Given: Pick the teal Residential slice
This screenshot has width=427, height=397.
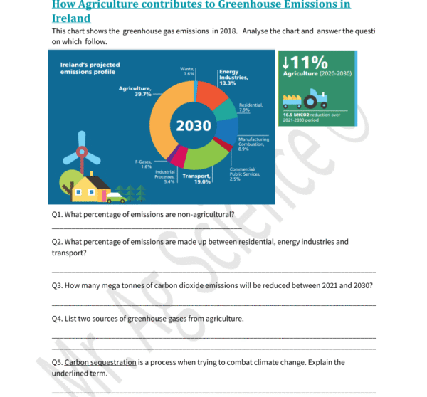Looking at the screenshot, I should click(x=226, y=110).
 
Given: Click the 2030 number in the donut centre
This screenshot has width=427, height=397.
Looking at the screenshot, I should click(x=194, y=126).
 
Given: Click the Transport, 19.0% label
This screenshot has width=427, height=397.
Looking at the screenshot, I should click(x=196, y=179).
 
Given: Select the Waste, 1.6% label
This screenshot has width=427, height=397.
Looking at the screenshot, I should click(x=188, y=71).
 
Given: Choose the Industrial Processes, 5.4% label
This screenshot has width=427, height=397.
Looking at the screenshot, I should click(x=164, y=176).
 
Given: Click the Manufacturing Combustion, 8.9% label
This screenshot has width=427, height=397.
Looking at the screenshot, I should click(x=253, y=144).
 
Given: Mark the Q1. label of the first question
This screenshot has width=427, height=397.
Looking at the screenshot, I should click(x=58, y=213).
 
